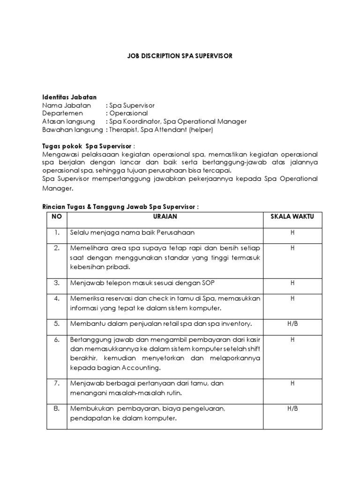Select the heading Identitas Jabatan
tap(69, 97)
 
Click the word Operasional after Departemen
tap(128, 113)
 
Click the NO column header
tap(55, 217)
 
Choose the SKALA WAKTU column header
tap(292, 217)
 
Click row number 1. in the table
tap(57, 232)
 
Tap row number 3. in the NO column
tap(57, 283)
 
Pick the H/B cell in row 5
tap(292, 323)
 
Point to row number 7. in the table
tap(57, 383)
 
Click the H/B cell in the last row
tap(292, 409)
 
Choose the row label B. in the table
tap(57, 409)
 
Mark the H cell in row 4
tap(292, 298)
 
